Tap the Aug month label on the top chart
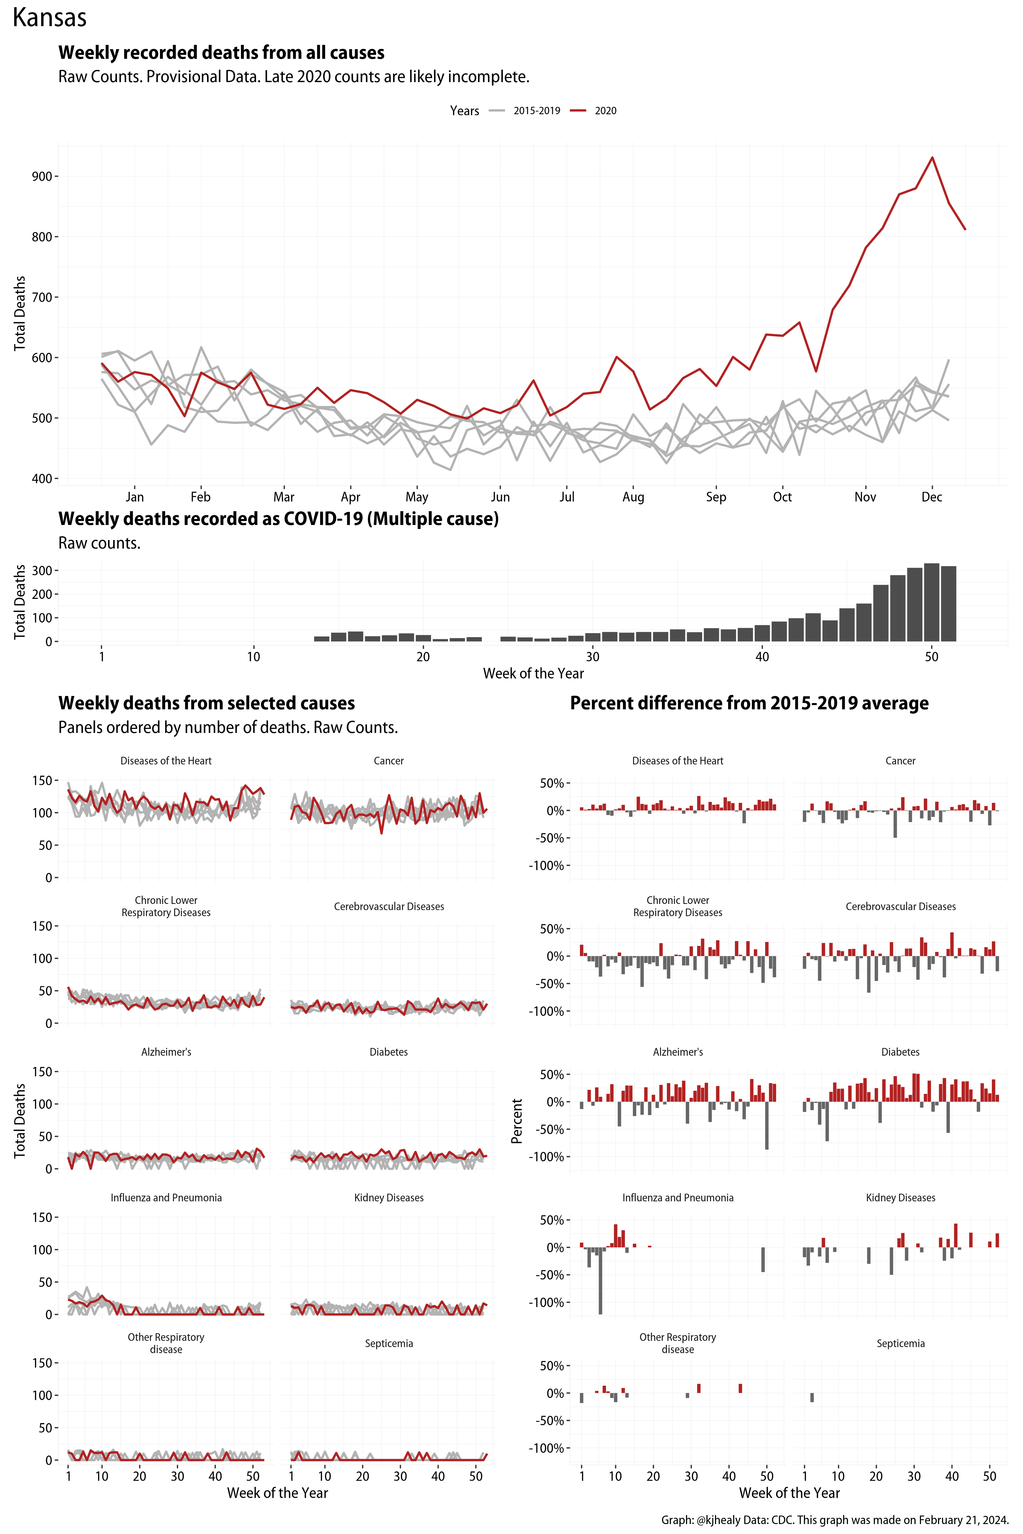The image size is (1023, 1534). pos(633,497)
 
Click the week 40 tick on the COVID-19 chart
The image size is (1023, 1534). pos(762,657)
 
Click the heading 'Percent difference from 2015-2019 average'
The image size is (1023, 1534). pos(749,703)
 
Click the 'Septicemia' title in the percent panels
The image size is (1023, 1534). pos(900,1344)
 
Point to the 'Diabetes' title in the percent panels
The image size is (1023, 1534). pos(900,1052)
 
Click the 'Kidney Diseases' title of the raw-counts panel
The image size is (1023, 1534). pos(389,1197)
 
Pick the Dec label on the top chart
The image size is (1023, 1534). pos(932,497)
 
